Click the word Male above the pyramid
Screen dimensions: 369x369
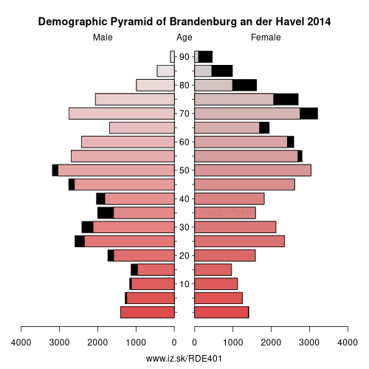(x=103, y=38)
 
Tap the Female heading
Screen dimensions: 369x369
(x=266, y=38)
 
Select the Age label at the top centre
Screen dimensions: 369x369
(x=184, y=38)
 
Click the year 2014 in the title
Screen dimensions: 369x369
(x=319, y=21)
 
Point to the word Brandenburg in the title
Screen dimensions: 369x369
(x=203, y=21)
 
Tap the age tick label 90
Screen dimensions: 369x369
(x=184, y=57)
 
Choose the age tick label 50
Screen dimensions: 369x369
(x=184, y=170)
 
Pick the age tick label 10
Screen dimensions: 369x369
(x=184, y=284)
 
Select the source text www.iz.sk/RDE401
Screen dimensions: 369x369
(x=184, y=359)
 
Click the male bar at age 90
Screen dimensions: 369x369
(x=172, y=57)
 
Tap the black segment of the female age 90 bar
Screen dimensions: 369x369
(x=205, y=57)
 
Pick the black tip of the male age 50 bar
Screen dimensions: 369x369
(x=55, y=170)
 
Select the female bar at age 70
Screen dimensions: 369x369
(x=256, y=114)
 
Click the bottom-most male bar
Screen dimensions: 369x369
(x=148, y=312)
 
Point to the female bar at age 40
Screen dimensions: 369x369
(x=230, y=199)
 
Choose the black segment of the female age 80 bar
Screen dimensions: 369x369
(x=244, y=85)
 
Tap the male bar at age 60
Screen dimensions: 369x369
(x=128, y=142)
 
